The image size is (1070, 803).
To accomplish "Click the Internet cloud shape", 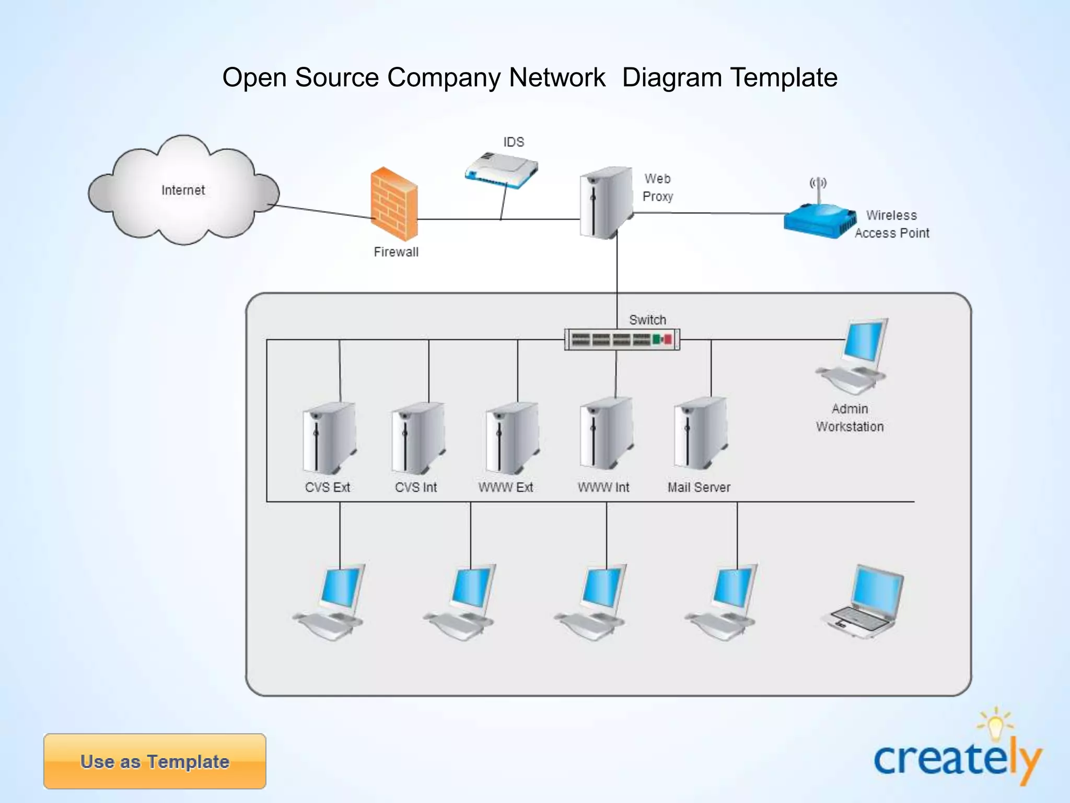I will point(183,191).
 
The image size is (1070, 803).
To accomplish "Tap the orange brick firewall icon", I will point(394,204).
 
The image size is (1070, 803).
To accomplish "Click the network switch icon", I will point(622,340).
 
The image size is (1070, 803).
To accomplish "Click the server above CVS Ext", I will point(329,438).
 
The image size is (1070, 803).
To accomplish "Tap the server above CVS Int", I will point(418,438).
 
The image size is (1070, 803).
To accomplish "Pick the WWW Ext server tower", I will point(512,438).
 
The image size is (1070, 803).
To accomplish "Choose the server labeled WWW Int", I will point(606,433).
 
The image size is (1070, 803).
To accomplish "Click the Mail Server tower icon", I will point(700,433).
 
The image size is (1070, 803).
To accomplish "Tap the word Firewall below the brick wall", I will point(396,252).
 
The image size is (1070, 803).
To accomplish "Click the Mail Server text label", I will point(699,487).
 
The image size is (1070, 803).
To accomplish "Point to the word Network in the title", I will point(557,77).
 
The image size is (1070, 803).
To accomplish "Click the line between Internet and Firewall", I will point(324,211).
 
